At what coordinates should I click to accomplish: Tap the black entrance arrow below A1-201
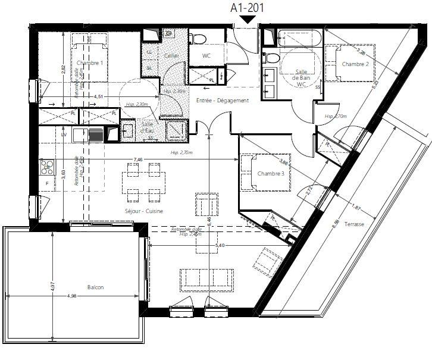[246, 21]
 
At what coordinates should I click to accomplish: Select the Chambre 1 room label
[90, 62]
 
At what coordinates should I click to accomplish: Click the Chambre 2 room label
[355, 64]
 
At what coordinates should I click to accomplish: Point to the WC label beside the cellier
[206, 56]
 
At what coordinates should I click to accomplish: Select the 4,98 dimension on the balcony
[72, 296]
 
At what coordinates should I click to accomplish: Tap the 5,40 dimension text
[220, 245]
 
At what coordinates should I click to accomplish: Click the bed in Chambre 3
[265, 173]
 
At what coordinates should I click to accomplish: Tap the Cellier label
[171, 55]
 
